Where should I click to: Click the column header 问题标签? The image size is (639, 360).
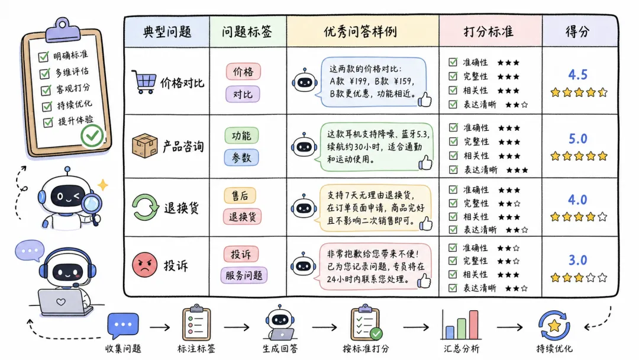(x=247, y=32)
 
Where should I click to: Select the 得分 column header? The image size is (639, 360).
(x=577, y=32)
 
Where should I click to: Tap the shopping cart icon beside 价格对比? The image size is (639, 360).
(x=144, y=82)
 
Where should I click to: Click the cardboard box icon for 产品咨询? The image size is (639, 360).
(x=145, y=146)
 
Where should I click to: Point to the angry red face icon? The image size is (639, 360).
(x=145, y=265)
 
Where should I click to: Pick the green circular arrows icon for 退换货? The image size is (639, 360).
(x=145, y=207)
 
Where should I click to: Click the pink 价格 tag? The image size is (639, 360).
(x=243, y=72)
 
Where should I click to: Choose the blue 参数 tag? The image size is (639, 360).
(x=241, y=157)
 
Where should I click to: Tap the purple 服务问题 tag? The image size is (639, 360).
(x=244, y=275)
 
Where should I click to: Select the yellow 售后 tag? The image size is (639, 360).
(x=240, y=196)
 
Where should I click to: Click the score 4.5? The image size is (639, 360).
(x=577, y=75)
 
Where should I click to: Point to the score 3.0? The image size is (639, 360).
(x=577, y=260)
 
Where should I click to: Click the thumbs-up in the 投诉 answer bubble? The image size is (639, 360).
(x=424, y=281)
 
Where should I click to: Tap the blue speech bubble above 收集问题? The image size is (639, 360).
(x=123, y=325)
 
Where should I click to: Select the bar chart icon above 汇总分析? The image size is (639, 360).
(x=461, y=324)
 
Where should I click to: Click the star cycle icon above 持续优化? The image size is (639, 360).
(x=554, y=325)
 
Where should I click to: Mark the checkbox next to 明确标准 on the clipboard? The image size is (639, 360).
(x=43, y=57)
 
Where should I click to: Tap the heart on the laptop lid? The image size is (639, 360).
(x=61, y=302)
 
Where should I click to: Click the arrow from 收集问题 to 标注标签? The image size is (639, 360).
(x=160, y=327)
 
